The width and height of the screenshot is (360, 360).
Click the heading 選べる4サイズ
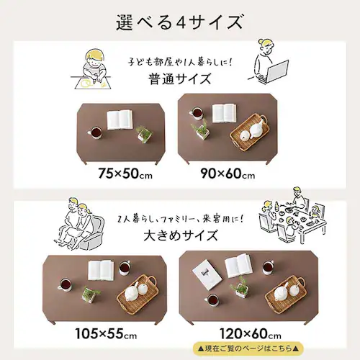pyautogui.click(x=180, y=22)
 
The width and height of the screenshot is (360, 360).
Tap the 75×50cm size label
pyautogui.click(x=125, y=174)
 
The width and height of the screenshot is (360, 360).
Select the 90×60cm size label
pyautogui.click(x=228, y=174)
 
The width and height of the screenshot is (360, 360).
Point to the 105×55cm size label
pyautogui.click(x=106, y=333)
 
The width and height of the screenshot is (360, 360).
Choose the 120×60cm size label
pyautogui.click(x=251, y=333)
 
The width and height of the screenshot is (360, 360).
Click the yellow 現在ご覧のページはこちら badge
pyautogui.click(x=248, y=348)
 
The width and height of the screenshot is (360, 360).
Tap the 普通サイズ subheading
pyautogui.click(x=180, y=79)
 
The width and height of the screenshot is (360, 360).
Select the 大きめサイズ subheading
pyautogui.click(x=181, y=235)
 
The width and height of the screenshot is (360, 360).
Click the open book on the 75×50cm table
pyautogui.click(x=120, y=120)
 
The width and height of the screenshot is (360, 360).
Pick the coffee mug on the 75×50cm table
pyautogui.click(x=95, y=132)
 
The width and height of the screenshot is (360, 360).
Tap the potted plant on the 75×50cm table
pyautogui.click(x=144, y=134)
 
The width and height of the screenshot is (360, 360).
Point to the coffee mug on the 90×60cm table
pyautogui.click(x=197, y=113)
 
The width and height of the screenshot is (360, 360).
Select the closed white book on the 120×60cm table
pyautogui.click(x=207, y=273)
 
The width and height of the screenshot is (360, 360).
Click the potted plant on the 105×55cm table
pyautogui.click(x=91, y=294)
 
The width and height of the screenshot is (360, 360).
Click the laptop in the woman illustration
pyautogui.click(x=276, y=71)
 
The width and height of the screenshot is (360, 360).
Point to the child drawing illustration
pyautogui.click(x=91, y=70)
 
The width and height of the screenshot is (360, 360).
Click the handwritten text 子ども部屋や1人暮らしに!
pyautogui.click(x=180, y=62)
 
